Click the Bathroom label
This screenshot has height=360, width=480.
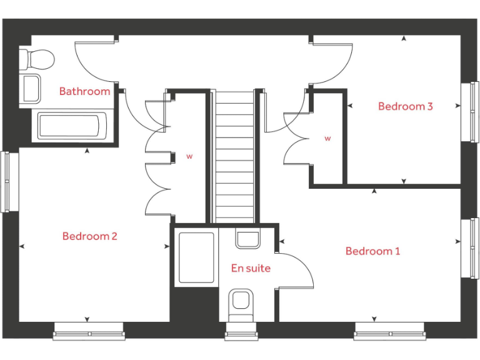pos(84,91)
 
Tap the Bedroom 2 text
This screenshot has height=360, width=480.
pos(89,236)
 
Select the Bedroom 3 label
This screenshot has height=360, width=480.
pos(405,106)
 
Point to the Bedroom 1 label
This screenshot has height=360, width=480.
pos(372,251)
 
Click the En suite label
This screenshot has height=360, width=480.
pos(251,268)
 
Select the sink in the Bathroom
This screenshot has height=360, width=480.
pos(31,88)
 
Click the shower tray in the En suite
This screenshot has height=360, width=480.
pos(196,257)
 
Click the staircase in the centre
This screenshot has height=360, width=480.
pos(235,156)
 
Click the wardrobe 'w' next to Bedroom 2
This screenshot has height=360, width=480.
pos(189,157)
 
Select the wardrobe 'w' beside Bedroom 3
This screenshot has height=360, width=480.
pos(327,138)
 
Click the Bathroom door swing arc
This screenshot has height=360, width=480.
pos(94,62)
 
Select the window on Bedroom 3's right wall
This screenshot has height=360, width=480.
pos(472,112)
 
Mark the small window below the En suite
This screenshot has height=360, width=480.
pos(241,334)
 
